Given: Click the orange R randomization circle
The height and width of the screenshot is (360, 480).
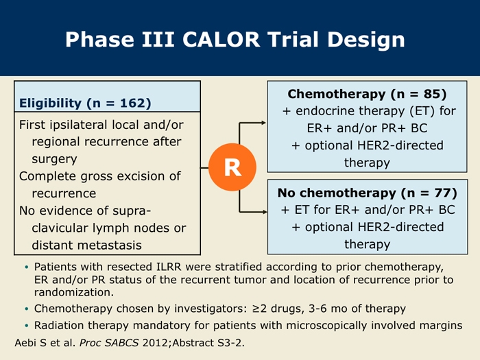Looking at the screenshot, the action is tap(232, 167).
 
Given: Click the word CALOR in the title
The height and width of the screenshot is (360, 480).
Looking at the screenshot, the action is tap(221, 40).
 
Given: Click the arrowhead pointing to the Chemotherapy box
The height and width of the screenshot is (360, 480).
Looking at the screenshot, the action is tap(263, 123).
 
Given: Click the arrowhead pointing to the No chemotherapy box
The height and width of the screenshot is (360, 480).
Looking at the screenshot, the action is tap(264, 211).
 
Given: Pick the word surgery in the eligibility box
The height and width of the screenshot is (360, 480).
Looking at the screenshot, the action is tap(54, 160).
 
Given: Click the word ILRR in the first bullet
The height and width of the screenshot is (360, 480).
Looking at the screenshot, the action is tap(169, 267).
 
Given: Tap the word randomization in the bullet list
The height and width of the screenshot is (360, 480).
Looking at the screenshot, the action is tap(74, 292).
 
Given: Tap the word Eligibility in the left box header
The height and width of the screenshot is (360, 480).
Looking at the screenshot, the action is tap(50, 103).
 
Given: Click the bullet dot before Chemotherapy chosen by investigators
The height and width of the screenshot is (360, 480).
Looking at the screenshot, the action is tap(27, 309).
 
